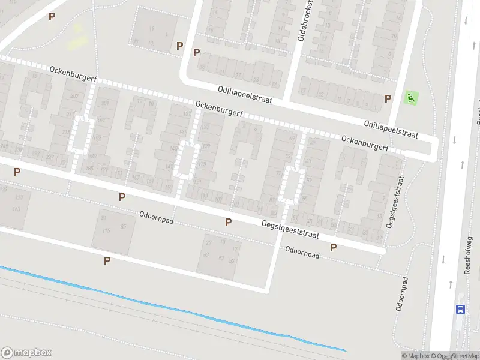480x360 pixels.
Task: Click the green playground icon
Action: pos(410,97)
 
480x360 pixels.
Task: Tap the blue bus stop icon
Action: pos(460,310)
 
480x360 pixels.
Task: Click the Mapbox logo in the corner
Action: pos(26,352)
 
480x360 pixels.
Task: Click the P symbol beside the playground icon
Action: pos(388,98)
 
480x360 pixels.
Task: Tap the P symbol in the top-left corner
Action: pos(52,17)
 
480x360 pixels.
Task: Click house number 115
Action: pos(107,231)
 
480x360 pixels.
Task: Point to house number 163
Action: pos(16,209)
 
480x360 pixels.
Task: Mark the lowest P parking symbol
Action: pos(107,260)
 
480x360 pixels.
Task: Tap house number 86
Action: pos(124,226)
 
